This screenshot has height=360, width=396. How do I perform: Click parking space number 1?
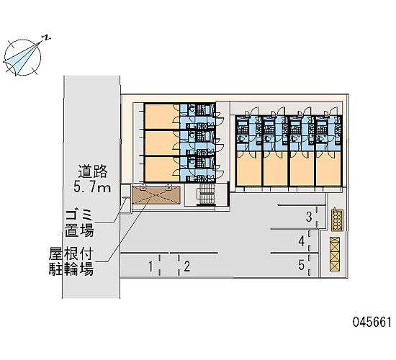pos(150,267)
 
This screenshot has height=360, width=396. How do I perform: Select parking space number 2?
pos(187,267)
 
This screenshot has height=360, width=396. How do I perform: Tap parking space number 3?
pos(309,217)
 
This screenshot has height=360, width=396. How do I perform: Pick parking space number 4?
pos(302,241)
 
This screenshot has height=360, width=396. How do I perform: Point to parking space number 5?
pos(301,265)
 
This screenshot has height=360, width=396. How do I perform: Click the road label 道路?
pos(93,171)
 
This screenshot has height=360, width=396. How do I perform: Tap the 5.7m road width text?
pos(92,187)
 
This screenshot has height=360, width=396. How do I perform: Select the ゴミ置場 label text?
pos(79,223)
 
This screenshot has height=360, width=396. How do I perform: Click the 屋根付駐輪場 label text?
pos(71,261)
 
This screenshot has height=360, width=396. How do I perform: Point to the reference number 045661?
pos(372,322)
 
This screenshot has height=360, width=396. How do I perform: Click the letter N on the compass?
pos(46,37)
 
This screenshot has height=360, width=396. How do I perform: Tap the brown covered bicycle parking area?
pos(156,195)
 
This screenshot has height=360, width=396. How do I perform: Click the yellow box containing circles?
pos(338,220)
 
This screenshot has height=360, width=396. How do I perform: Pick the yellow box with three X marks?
pos(335,254)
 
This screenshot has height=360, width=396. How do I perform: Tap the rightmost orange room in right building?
pos(328,168)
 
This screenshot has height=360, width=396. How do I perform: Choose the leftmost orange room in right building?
pos(249,168)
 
